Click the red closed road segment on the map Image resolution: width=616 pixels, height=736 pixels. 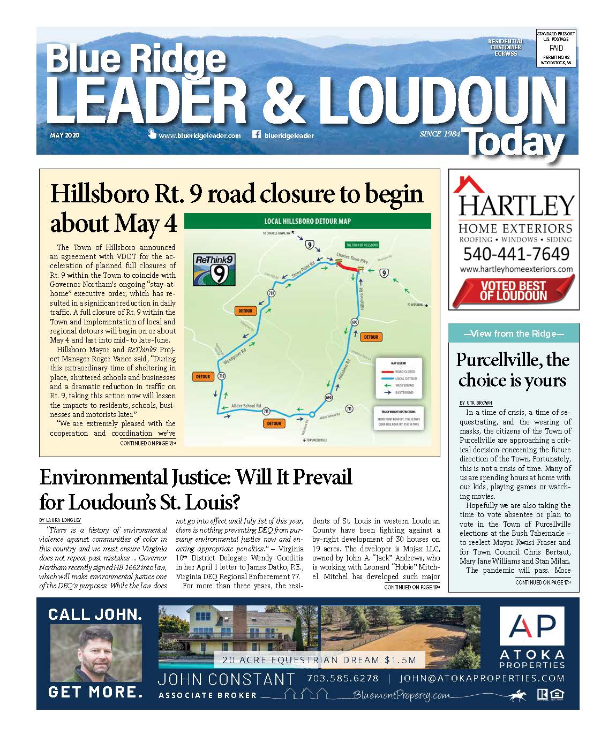(346, 266)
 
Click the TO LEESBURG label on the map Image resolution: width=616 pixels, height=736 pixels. (415, 305)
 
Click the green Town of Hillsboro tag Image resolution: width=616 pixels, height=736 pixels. (362, 245)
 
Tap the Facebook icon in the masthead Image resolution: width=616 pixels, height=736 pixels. (256, 135)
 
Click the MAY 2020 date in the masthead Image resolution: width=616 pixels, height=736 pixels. (64, 135)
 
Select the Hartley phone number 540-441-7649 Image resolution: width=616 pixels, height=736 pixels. (516, 254)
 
